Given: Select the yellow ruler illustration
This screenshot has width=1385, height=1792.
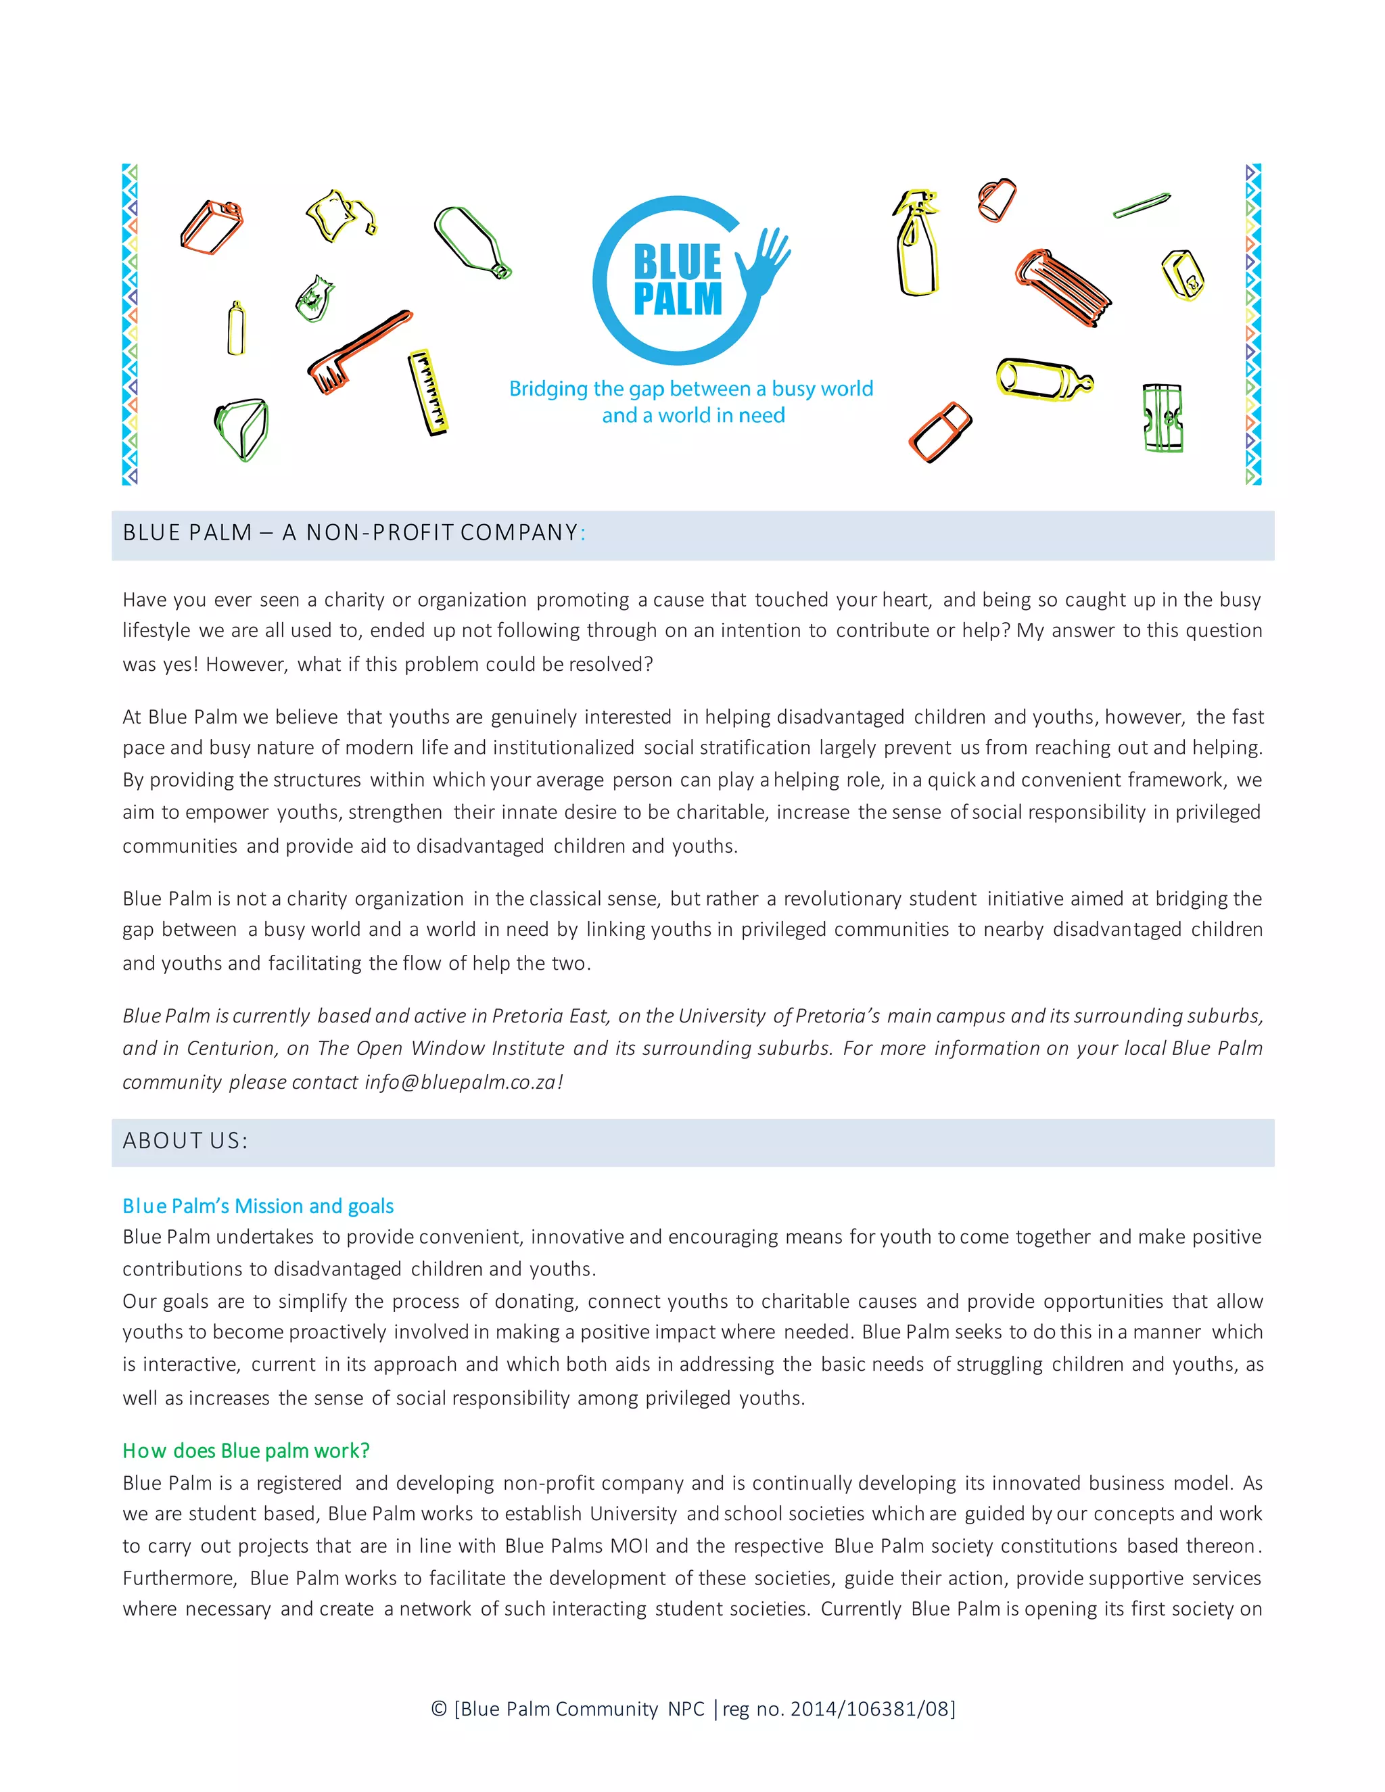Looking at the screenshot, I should coord(428,392).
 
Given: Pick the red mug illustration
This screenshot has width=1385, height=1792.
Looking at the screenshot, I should coord(996,199).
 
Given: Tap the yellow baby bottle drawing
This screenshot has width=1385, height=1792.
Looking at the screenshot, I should coord(1043,380).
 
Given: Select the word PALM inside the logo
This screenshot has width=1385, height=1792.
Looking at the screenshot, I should coord(678,300).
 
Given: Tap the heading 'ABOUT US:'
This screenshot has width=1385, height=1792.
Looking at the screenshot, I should coord(185,1141).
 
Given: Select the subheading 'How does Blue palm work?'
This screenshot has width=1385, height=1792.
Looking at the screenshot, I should coord(246,1451).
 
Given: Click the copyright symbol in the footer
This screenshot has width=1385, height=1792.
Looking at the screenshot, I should coord(439,1709).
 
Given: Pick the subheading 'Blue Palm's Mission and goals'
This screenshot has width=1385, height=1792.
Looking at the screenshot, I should coord(258,1206).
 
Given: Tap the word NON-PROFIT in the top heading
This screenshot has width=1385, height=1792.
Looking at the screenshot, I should coord(379,534).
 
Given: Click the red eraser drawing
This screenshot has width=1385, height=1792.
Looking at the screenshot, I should coord(940,431).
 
